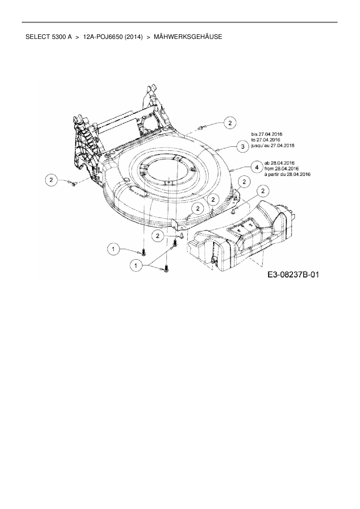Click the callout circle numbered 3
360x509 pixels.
(243, 147)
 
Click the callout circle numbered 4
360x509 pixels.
(257, 167)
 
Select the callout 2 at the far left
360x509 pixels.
(51, 180)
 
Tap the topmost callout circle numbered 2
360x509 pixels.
(230, 123)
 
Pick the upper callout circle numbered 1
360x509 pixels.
(114, 249)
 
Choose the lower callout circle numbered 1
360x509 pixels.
(135, 265)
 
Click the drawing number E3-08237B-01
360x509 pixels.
(293, 275)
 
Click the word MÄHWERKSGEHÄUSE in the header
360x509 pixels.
(188, 37)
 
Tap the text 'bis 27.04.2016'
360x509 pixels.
(267, 134)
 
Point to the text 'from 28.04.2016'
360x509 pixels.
(281, 169)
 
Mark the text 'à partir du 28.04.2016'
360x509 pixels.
(287, 174)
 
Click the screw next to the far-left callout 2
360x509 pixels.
(73, 183)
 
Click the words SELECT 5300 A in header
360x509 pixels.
(48, 37)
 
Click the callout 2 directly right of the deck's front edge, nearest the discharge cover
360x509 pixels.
(263, 191)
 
